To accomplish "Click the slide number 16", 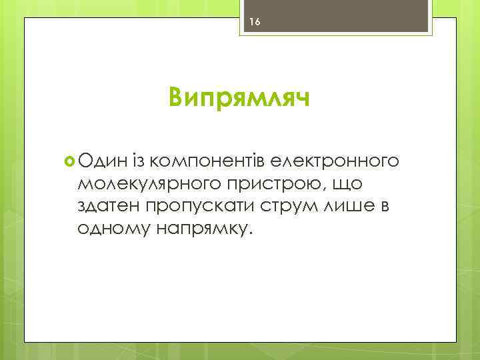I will [x=253, y=22].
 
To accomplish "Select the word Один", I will [x=101, y=160].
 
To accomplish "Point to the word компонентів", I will [x=208, y=161].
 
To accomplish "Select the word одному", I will [x=113, y=228].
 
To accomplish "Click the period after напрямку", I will [x=251, y=233].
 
